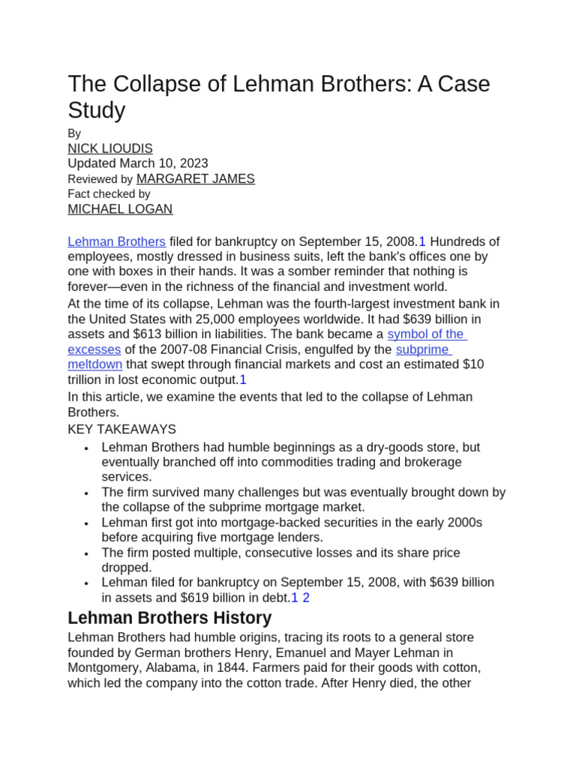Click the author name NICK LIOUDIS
click(x=110, y=148)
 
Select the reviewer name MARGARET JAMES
click(x=195, y=178)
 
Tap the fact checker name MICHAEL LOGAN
click(x=120, y=209)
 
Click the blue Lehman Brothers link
click(x=116, y=241)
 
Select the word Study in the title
click(x=96, y=110)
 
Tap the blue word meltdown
click(x=94, y=364)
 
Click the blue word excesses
click(x=94, y=349)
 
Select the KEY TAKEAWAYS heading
click(x=121, y=429)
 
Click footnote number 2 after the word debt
click(x=306, y=598)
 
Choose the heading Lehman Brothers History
click(x=169, y=618)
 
